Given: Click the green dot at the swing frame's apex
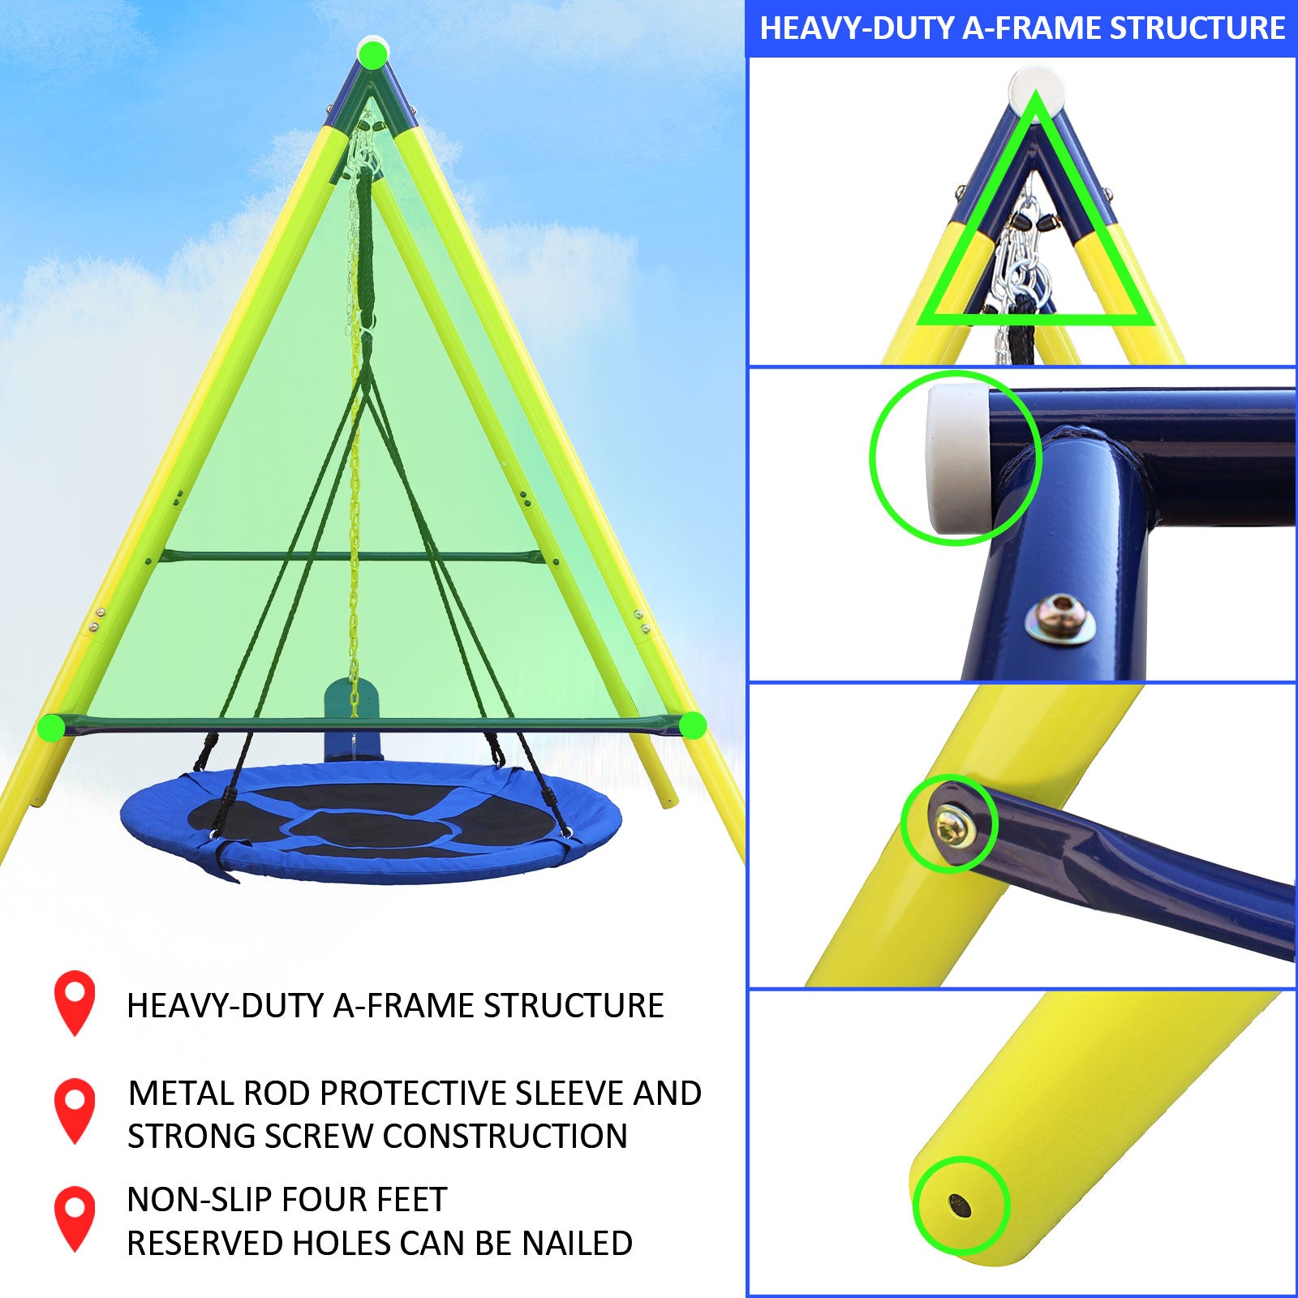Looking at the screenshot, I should pyautogui.click(x=372, y=55).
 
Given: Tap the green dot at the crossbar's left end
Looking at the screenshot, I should pyautogui.click(x=52, y=727).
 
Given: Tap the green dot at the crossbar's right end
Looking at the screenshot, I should pyautogui.click(x=692, y=725).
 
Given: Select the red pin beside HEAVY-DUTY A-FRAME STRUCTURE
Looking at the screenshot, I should pyautogui.click(x=75, y=999).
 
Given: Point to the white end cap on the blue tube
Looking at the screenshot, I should pyautogui.click(x=957, y=458).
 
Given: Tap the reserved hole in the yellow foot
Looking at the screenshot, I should pyautogui.click(x=960, y=1206).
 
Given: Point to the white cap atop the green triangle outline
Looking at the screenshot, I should pyautogui.click(x=1035, y=84).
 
